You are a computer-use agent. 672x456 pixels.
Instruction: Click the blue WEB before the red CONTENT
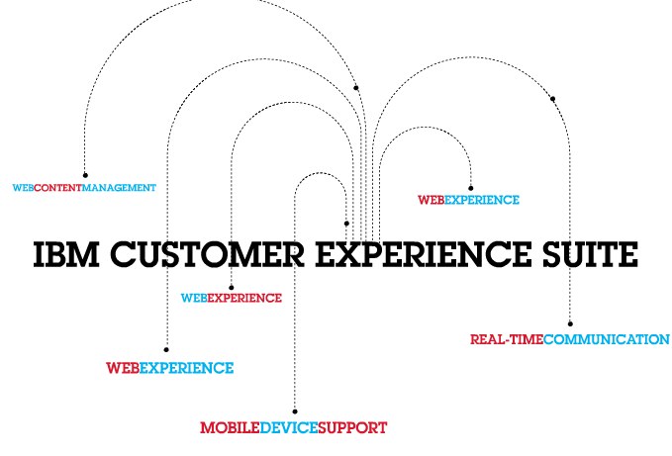click(x=23, y=186)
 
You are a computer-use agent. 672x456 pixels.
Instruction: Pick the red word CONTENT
click(x=58, y=186)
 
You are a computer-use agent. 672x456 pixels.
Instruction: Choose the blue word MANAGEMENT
click(x=120, y=186)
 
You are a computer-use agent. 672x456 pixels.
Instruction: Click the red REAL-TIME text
click(x=506, y=339)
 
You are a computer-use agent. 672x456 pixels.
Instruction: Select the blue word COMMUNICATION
click(x=606, y=339)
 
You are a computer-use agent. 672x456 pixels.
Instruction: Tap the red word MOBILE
click(x=229, y=427)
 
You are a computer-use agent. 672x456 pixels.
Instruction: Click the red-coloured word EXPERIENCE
click(x=244, y=297)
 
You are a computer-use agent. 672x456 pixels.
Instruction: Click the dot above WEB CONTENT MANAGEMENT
click(x=85, y=175)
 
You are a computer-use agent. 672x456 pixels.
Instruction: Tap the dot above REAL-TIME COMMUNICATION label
click(x=570, y=322)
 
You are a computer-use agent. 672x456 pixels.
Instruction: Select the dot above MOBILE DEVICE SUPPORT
click(x=293, y=410)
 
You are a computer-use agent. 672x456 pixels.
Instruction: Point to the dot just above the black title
click(x=346, y=224)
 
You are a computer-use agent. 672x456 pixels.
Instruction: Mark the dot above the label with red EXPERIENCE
click(x=231, y=287)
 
